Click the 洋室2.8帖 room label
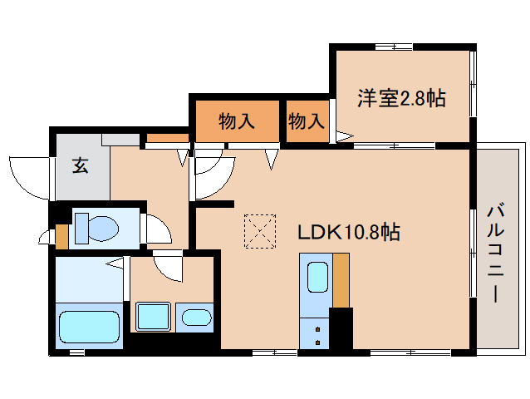click(402, 98)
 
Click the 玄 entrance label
click(80, 165)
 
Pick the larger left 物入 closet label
click(236, 121)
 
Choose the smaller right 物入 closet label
click(306, 121)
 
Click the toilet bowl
click(96, 226)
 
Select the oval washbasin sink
click(197, 318)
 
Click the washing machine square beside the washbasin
click(153, 318)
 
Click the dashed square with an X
click(260, 231)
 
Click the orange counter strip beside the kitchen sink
click(341, 279)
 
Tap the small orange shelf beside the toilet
click(61, 236)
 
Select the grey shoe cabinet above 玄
click(121, 139)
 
